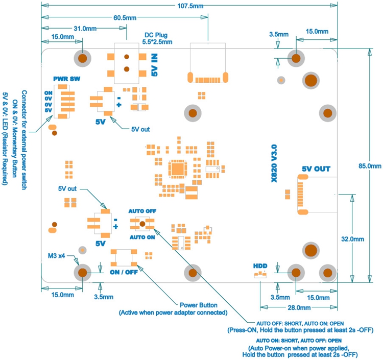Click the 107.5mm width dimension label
click(x=189, y=6)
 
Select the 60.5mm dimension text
click(x=124, y=18)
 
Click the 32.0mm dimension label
click(x=352, y=239)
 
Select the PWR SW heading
click(x=66, y=79)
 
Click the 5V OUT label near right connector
click(x=316, y=169)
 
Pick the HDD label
click(x=260, y=266)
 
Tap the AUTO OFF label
click(x=142, y=211)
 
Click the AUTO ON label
click(x=142, y=237)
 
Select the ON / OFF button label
click(x=124, y=272)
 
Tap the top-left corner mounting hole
click(x=82, y=58)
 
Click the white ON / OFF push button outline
click(x=124, y=257)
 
